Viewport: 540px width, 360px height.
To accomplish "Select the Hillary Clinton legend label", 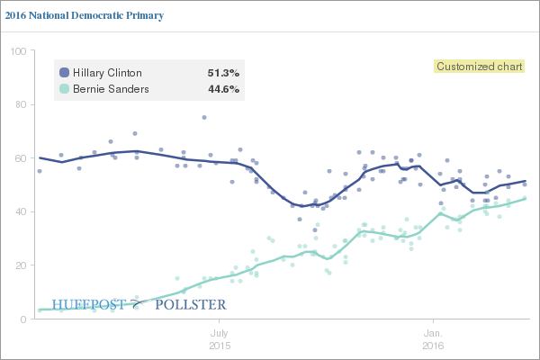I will point(106,73).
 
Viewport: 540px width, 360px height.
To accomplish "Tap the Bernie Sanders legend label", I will point(110,89).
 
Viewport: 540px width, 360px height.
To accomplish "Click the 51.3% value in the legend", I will point(223,73).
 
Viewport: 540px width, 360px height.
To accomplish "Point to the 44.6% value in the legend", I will point(223,89).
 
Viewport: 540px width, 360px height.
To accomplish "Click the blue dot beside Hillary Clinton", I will point(64,73).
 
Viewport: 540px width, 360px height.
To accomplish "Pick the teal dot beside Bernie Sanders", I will point(64,89).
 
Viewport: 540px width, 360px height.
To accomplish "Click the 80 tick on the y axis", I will point(18,104).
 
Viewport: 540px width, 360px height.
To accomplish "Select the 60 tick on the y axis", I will point(18,158).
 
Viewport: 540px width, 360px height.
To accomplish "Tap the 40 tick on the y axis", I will point(18,212).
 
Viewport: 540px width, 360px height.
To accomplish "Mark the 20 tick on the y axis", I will point(18,265).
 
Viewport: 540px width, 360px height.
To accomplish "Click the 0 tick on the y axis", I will point(22,319).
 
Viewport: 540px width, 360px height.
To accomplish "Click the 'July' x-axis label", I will point(220,332).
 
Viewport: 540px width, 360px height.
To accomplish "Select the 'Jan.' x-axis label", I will point(434,332).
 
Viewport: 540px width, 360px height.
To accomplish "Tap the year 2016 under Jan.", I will point(434,345).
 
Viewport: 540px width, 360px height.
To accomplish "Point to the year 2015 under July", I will point(220,345).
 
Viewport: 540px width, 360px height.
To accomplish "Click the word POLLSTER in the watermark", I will point(190,305).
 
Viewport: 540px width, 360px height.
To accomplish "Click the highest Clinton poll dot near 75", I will point(204,117).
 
